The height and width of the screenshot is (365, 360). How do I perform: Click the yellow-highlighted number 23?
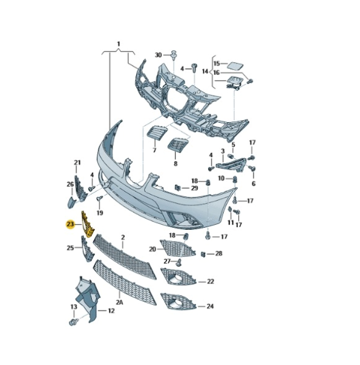pyautogui.click(x=70, y=224)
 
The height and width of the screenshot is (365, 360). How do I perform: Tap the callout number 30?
pyautogui.click(x=158, y=55)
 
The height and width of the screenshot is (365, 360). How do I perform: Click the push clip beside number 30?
pyautogui.click(x=174, y=55)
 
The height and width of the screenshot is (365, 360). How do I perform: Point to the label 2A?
pyautogui.click(x=120, y=302)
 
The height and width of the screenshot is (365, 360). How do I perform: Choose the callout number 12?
pyautogui.click(x=111, y=311)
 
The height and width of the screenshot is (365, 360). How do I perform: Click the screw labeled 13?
pyautogui.click(x=74, y=322)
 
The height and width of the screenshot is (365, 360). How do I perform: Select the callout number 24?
pyautogui.click(x=210, y=306)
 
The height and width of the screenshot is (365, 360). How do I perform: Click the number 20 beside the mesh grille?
pyautogui.click(x=152, y=250)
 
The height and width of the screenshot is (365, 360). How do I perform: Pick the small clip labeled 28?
pyautogui.click(x=203, y=254)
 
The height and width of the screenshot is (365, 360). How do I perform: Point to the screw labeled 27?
pyautogui.click(x=179, y=262)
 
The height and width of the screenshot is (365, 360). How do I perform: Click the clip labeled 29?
pyautogui.click(x=177, y=187)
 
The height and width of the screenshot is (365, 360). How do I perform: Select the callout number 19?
pyautogui.click(x=100, y=213)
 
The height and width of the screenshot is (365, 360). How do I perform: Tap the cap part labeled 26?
pyautogui.click(x=71, y=202)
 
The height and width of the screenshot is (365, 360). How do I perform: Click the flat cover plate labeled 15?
pyautogui.click(x=235, y=66)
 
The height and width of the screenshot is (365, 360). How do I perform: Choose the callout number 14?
pyautogui.click(x=205, y=71)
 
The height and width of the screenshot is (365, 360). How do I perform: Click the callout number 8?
pyautogui.click(x=175, y=164)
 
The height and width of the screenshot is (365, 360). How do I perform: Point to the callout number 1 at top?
pyautogui.click(x=119, y=44)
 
